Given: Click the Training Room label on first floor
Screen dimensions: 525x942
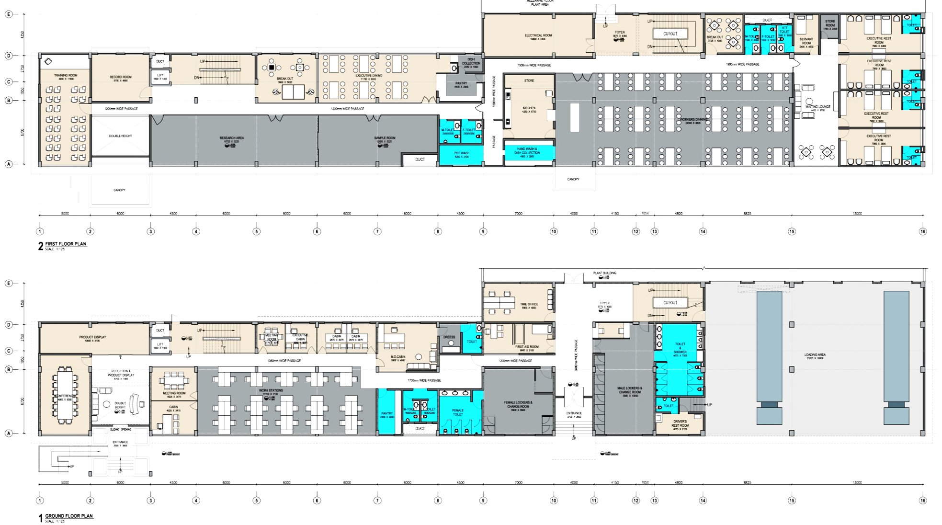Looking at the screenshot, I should click(x=65, y=76).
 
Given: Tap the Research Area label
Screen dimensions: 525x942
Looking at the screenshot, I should click(x=232, y=138).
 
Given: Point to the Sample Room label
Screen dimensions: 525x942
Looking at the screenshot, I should click(x=385, y=138).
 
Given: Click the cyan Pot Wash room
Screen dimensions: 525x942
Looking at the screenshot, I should click(x=461, y=154).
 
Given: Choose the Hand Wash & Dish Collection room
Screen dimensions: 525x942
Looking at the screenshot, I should click(x=528, y=152).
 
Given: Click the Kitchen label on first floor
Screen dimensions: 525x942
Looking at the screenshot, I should click(x=529, y=109).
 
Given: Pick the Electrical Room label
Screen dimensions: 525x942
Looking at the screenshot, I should click(x=538, y=36).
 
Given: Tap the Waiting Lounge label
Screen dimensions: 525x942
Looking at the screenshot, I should click(x=818, y=107).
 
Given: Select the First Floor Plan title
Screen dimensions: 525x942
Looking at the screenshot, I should click(x=66, y=244).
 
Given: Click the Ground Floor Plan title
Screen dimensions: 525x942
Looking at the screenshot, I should click(x=68, y=516).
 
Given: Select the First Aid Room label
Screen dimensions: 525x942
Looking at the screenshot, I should click(x=527, y=347).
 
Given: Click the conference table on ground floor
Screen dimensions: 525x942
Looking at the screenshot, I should click(x=65, y=396).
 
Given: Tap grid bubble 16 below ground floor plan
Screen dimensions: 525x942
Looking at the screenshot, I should click(x=922, y=500).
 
